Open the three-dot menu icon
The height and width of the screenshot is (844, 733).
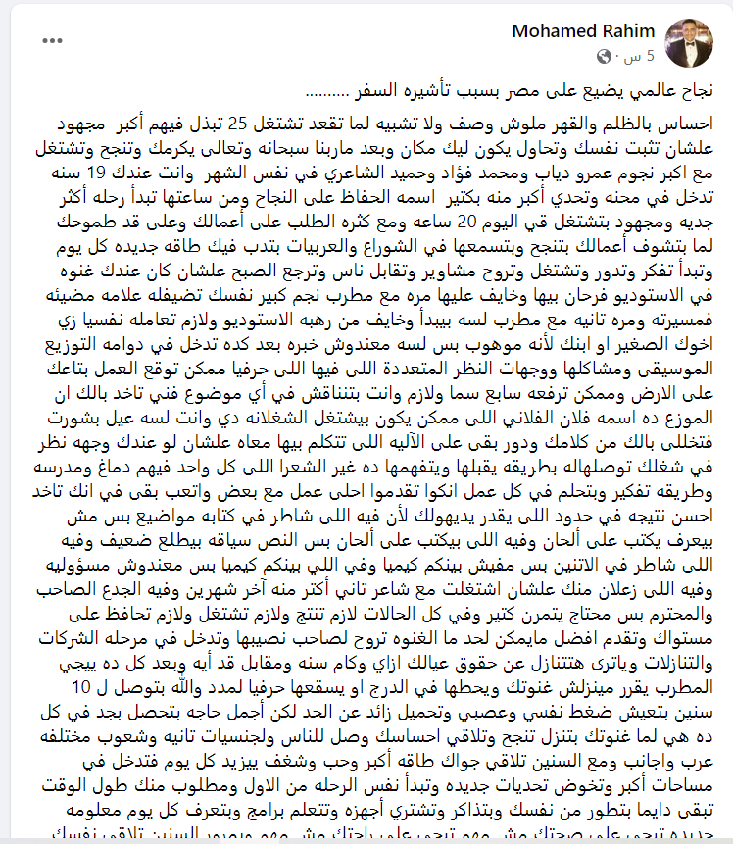(x=55, y=40)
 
